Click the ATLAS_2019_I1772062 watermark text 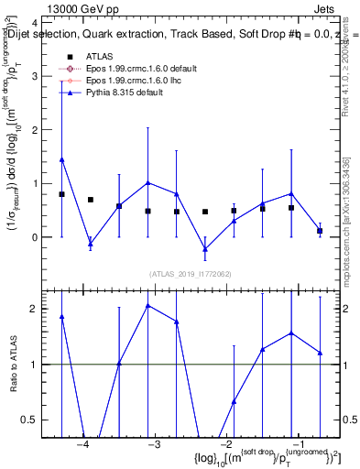[192, 274]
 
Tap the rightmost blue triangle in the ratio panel [320, 353]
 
